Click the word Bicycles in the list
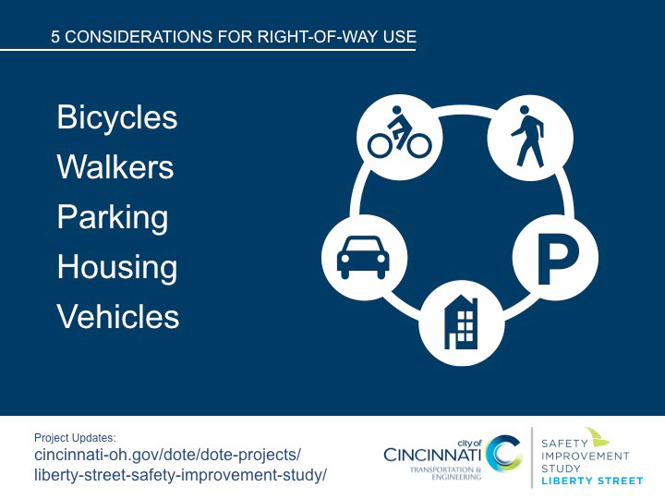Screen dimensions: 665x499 point(117,118)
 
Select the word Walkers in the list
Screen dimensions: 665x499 point(115,166)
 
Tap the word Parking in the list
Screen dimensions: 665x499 point(113,218)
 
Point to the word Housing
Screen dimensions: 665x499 point(117,268)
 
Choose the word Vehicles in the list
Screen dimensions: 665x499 point(118,317)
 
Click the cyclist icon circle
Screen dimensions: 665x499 point(400,137)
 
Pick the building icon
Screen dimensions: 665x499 point(462,323)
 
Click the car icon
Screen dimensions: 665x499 point(365,257)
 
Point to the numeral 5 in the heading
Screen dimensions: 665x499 point(55,37)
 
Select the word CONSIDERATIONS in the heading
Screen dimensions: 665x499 point(139,37)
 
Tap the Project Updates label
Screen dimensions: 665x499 point(75,437)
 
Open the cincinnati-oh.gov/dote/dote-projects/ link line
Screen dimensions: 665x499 point(167,455)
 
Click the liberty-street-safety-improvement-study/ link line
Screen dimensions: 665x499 point(180,475)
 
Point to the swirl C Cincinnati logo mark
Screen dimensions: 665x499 point(503,453)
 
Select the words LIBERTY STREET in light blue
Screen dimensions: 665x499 point(592,481)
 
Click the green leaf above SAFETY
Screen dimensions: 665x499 point(598,436)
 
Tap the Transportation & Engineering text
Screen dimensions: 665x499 point(445,473)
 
